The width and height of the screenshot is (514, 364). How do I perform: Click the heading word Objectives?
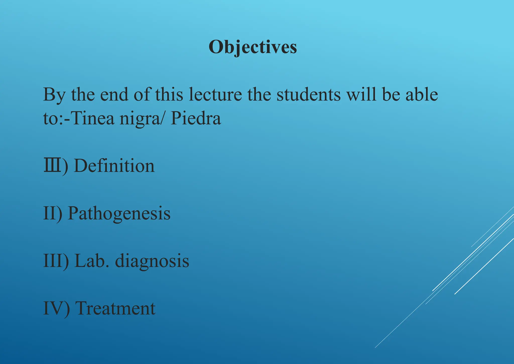[x=253, y=47]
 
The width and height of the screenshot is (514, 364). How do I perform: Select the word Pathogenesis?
[x=119, y=213]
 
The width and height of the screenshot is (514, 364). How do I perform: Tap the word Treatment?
[x=115, y=308]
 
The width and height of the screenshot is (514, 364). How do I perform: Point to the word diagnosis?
[x=152, y=261]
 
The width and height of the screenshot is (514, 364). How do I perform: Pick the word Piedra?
[x=196, y=118]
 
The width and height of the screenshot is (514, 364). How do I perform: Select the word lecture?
[x=215, y=94]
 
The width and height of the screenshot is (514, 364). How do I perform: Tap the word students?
[x=309, y=94]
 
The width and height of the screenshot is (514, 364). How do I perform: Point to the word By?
[x=54, y=95]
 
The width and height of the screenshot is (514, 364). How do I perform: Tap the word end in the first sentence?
[x=114, y=94]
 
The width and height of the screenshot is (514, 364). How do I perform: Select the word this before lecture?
[x=169, y=94]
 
